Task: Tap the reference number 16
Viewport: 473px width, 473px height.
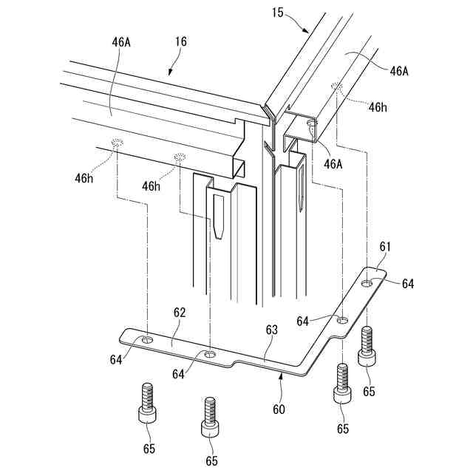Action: tap(180, 42)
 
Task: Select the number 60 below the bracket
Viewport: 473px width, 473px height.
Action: tap(278, 408)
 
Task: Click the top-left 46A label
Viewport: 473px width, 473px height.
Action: tap(121, 42)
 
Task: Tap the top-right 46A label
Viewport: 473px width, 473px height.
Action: tap(399, 71)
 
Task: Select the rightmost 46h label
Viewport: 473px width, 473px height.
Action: tap(378, 107)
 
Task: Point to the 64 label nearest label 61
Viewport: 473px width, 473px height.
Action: tap(408, 283)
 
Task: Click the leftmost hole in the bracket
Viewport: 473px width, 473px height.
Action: tap(148, 340)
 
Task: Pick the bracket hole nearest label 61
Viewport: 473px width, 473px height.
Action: tap(367, 282)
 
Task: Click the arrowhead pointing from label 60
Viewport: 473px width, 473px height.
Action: tap(282, 375)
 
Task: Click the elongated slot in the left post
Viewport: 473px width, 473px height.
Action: tap(220, 218)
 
